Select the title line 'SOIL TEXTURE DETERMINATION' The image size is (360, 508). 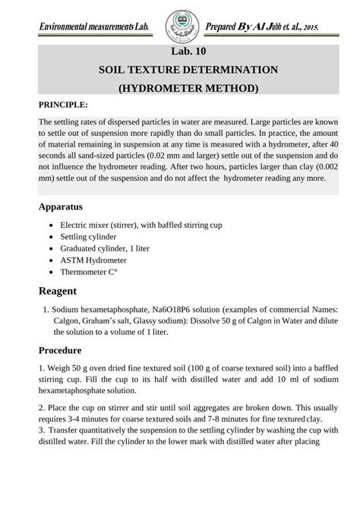click(188, 70)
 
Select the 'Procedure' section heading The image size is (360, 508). click(60, 351)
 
